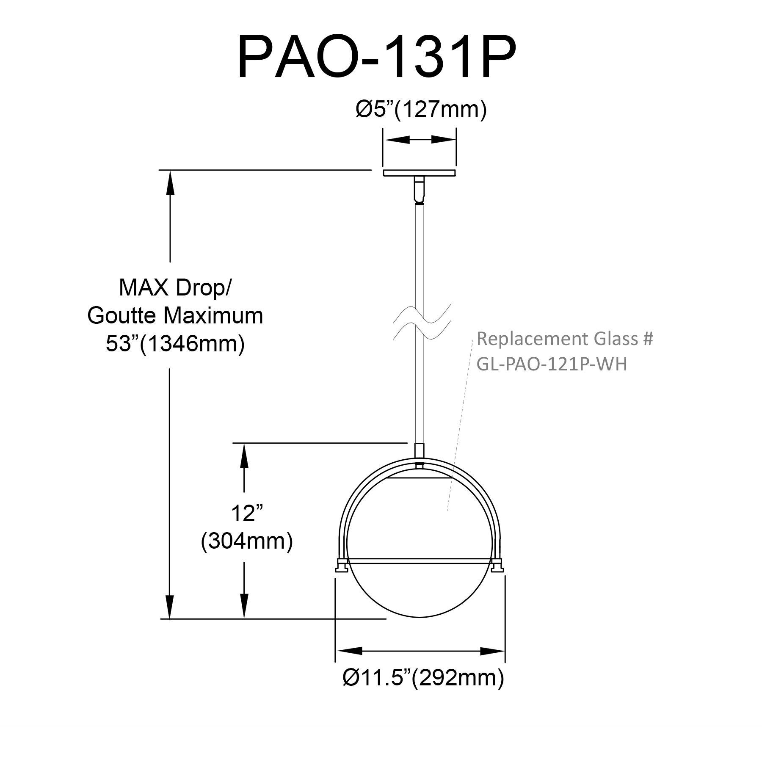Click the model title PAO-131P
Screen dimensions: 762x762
377,58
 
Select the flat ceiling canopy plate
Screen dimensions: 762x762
420,173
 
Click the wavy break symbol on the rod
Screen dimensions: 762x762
421,323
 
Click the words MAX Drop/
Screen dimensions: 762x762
175,288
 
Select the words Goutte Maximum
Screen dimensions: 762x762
175,316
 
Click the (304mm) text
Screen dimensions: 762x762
247,541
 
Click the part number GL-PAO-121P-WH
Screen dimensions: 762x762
552,364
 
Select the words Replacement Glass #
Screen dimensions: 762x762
565,339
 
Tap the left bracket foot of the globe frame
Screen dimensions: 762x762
341,565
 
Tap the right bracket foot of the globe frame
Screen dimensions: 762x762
498,565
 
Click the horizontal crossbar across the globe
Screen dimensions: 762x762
420,561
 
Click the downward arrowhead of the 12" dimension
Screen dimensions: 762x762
244,607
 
